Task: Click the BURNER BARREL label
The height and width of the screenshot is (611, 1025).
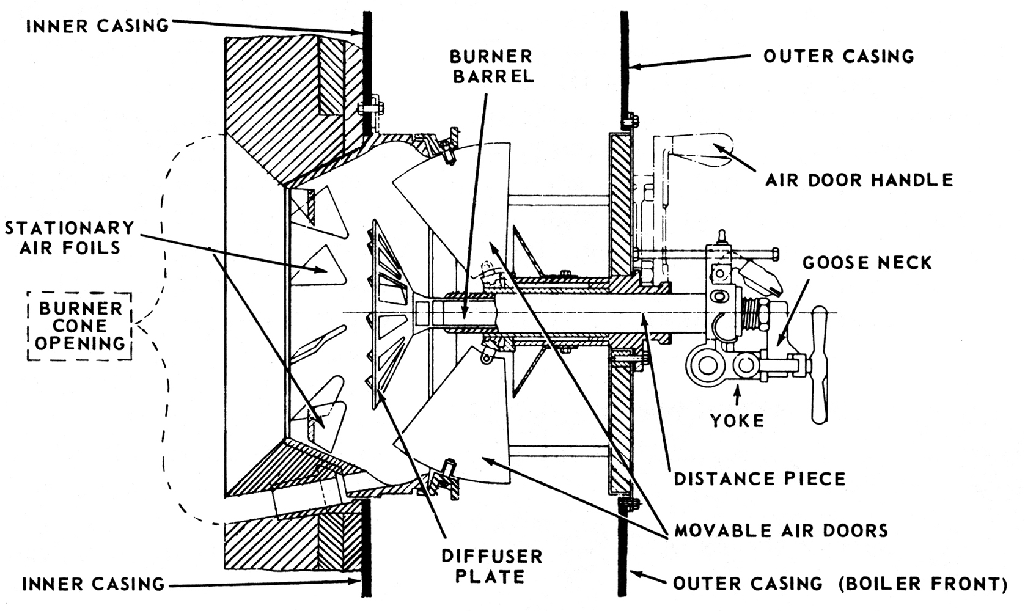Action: click(x=491, y=66)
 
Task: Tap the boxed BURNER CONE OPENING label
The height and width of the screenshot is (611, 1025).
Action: click(x=80, y=326)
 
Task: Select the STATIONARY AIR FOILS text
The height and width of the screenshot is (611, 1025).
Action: click(x=69, y=237)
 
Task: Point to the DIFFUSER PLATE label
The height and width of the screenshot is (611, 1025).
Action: click(x=491, y=566)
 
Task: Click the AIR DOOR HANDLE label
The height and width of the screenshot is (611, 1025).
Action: click(x=859, y=180)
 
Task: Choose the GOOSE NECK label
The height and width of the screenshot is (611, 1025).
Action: click(x=867, y=263)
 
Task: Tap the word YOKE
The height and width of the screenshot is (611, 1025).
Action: click(x=738, y=420)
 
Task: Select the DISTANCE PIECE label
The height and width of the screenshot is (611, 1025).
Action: click(x=760, y=478)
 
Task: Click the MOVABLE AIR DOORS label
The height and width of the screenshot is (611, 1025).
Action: click(x=781, y=530)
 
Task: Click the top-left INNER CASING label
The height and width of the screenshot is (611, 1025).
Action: click(x=97, y=26)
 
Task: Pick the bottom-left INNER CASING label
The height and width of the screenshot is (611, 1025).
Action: click(x=94, y=584)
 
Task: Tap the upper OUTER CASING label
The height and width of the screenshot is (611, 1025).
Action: click(x=839, y=56)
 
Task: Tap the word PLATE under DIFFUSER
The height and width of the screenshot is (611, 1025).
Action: click(x=491, y=577)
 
